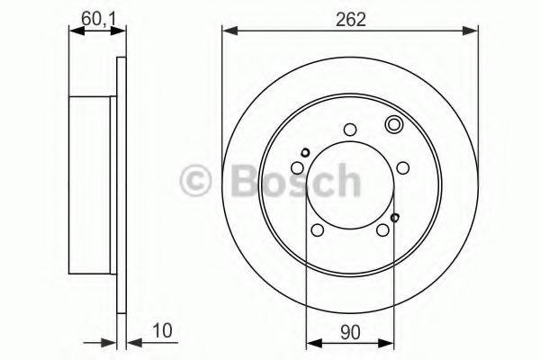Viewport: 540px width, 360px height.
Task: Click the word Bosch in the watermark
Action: (x=289, y=181)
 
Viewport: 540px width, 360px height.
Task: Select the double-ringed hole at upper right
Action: (x=393, y=125)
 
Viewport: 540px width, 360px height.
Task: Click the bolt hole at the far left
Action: (x=297, y=167)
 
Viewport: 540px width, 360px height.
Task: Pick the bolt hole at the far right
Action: (x=403, y=167)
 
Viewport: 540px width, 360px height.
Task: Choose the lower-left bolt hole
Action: (x=317, y=230)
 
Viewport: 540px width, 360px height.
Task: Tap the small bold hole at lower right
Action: (x=395, y=217)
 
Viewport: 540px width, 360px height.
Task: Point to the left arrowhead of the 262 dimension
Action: (x=227, y=31)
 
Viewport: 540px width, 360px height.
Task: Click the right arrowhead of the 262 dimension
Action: (x=475, y=31)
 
